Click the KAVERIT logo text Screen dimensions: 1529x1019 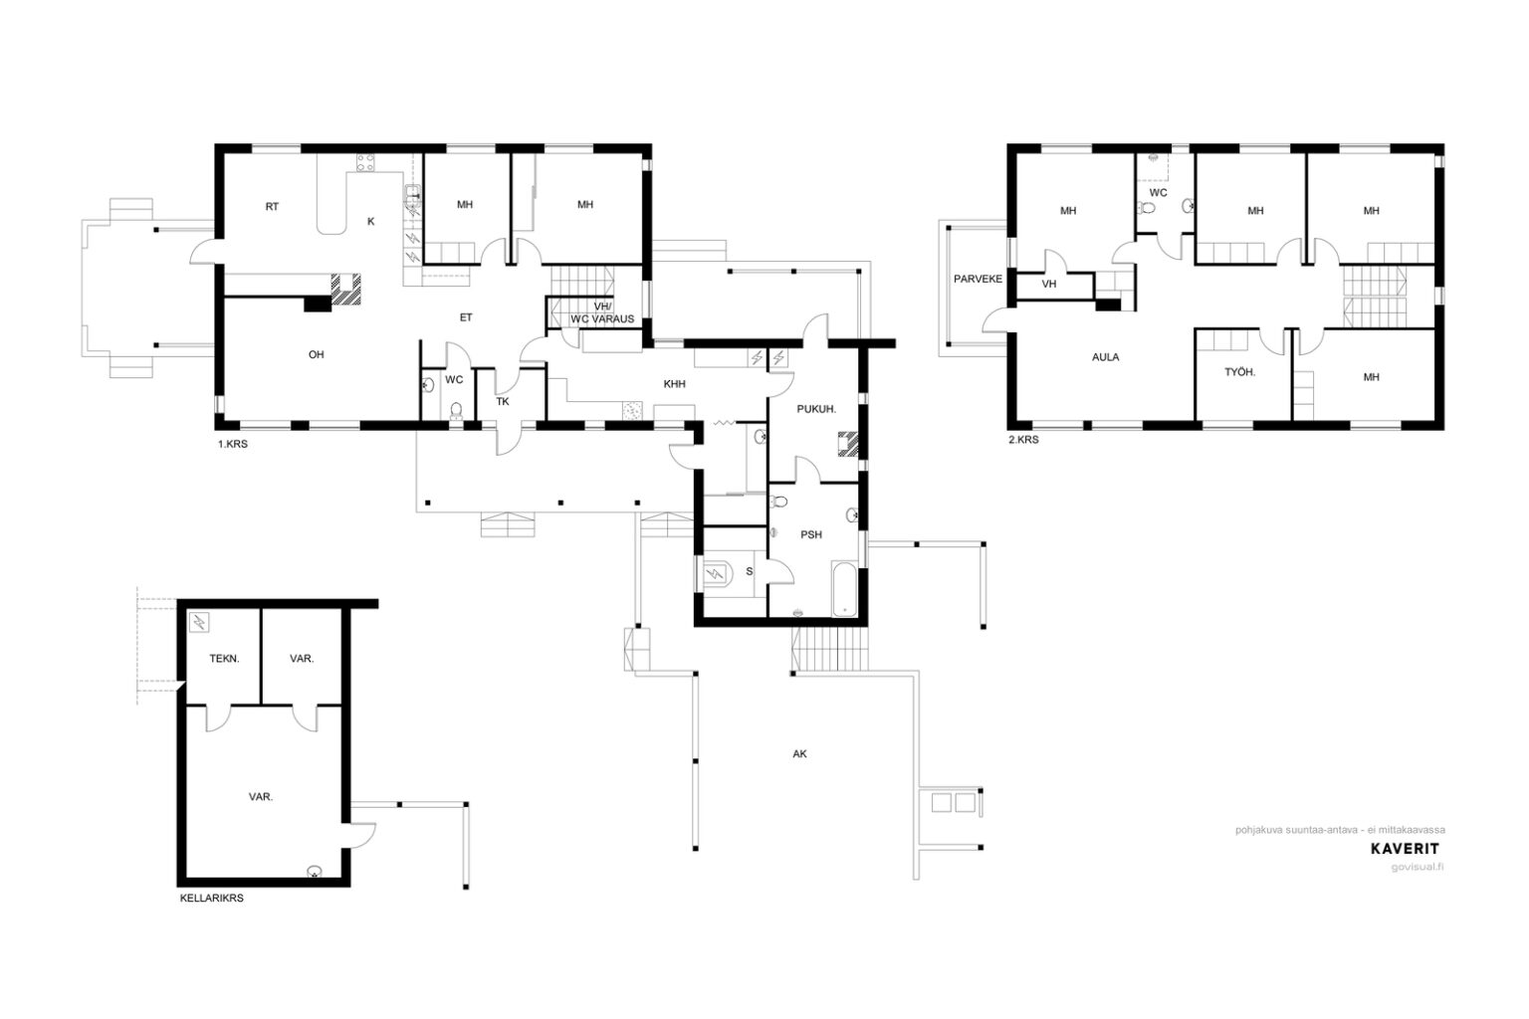1406,849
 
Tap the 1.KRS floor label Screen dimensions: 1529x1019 233,444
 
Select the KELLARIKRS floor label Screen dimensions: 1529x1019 212,899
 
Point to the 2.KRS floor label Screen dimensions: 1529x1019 1024,440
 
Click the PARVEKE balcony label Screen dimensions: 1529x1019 978,280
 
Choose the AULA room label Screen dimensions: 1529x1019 1105,357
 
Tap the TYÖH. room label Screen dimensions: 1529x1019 1239,372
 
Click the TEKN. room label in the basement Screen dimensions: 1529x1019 224,659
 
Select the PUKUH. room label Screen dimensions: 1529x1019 816,410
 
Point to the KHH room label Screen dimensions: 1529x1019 674,384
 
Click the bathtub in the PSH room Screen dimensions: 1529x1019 844,589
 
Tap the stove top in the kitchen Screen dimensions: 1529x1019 365,162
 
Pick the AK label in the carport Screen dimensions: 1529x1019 800,754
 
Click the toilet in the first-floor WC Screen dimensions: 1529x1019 456,410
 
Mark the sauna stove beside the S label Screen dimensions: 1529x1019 716,573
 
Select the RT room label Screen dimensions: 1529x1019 272,207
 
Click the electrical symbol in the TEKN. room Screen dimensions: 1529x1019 199,623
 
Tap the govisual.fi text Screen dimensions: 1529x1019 1418,868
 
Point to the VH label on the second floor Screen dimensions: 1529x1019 1049,284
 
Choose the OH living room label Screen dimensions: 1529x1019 316,355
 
